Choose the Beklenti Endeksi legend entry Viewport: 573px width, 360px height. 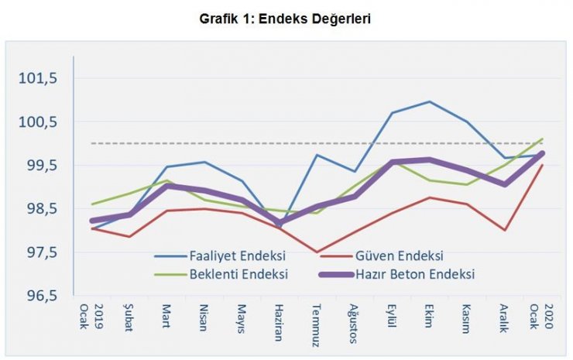pos(238,273)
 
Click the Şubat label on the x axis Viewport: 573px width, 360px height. pos(130,317)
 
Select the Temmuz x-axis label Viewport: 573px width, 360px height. pos(317,321)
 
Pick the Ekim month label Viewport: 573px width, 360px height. pos(429,316)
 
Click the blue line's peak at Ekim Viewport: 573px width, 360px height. pos(430,101)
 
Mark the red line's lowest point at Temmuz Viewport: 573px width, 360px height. pos(317,252)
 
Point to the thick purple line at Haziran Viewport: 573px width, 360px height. pos(280,223)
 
